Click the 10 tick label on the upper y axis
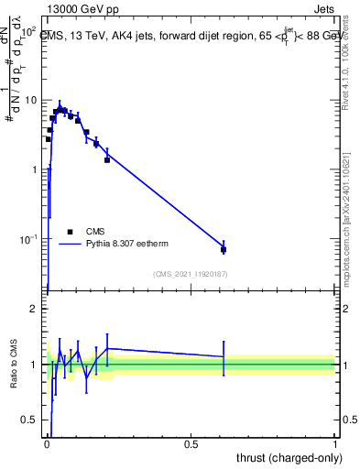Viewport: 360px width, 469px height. tap(31, 100)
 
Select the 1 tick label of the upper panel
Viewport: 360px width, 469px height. tap(34, 169)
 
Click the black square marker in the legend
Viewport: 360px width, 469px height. tap(70, 231)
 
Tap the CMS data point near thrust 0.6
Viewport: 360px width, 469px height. tap(224, 249)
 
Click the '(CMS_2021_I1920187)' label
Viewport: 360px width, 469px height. tap(190, 274)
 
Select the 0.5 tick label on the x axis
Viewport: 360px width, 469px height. tap(191, 444)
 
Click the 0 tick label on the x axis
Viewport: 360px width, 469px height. tap(48, 444)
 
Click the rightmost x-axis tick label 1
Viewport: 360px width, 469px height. tap(335, 444)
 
